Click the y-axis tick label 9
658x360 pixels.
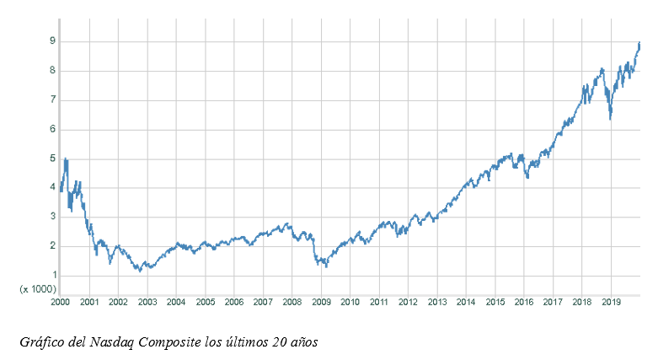tap(52, 40)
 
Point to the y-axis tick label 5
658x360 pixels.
tap(52, 159)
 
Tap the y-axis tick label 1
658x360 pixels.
tap(52, 276)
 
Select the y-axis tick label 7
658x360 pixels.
tap(52, 99)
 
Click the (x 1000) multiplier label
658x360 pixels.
tap(39, 288)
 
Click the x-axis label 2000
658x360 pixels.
tap(61, 302)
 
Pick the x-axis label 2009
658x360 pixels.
tap(321, 302)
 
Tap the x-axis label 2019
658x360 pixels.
tap(612, 302)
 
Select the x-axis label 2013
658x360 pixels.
tap(437, 302)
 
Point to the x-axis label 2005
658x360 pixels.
tap(206, 302)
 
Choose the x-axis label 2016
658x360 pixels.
tap(524, 302)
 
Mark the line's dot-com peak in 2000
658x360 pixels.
tap(66, 159)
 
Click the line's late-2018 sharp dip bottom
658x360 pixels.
tap(610, 119)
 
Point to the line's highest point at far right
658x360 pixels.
tap(639, 43)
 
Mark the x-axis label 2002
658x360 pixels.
tap(118, 302)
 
